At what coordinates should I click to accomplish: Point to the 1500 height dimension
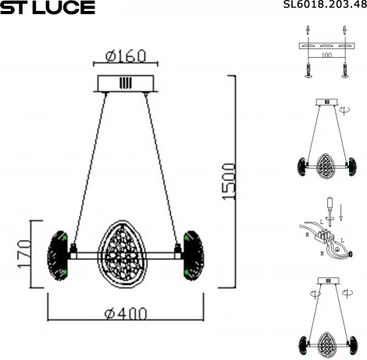coord(227,183)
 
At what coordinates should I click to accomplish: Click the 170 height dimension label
coord(23,252)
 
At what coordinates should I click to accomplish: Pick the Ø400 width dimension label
coord(125,314)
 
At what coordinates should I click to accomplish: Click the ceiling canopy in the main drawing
coord(125,83)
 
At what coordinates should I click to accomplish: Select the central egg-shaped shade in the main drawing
coord(124,254)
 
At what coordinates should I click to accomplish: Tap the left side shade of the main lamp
coord(59,252)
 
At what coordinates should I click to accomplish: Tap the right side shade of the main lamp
coord(191,252)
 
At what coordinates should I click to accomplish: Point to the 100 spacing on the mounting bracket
coord(323,56)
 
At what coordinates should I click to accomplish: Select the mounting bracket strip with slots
coord(323,47)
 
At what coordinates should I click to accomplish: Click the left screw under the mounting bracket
coord(307,71)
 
